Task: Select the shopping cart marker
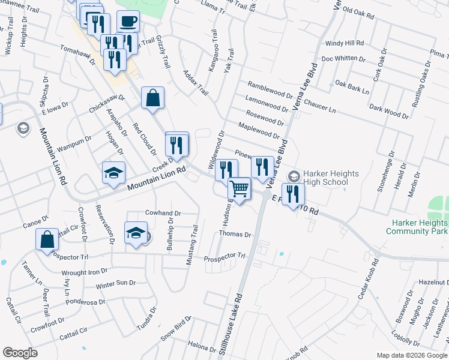click(x=240, y=189)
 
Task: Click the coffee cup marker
click(x=128, y=22)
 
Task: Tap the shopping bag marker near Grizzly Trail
click(x=152, y=98)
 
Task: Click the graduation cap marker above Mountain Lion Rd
click(x=113, y=173)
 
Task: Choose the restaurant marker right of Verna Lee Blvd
click(x=292, y=194)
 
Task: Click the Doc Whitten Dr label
click(x=344, y=59)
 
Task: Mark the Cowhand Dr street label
click(x=163, y=213)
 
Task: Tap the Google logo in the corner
click(x=20, y=353)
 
